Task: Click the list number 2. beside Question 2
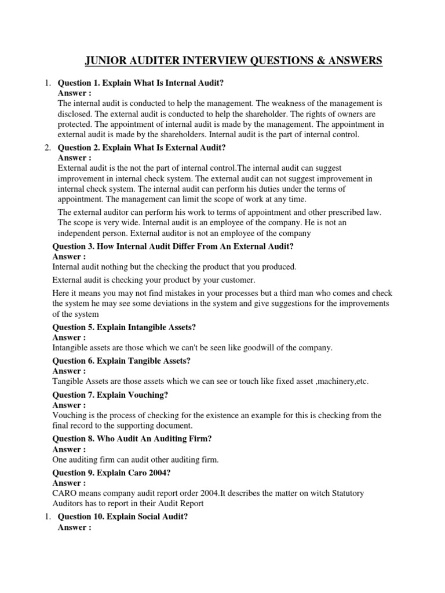pos(49,147)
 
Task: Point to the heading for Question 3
pos(173,247)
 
